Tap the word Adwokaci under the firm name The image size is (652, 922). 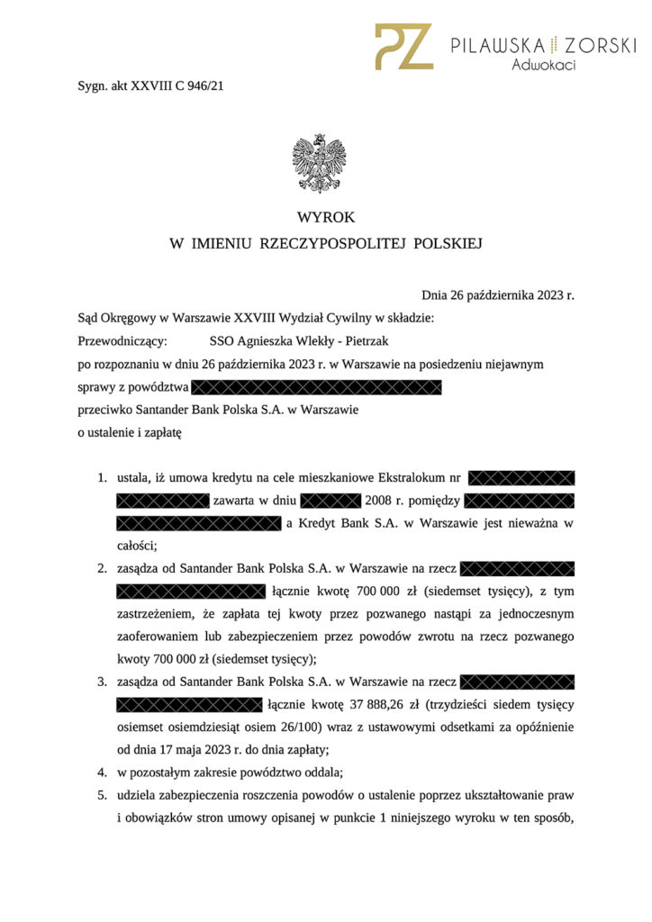tap(544, 65)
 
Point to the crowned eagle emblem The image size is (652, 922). tap(319, 163)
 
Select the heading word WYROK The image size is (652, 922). tap(326, 217)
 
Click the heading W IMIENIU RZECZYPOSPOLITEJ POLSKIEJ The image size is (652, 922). tap(326, 243)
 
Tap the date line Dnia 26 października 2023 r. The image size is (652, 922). tap(497, 294)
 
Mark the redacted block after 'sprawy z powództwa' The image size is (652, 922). tap(316, 388)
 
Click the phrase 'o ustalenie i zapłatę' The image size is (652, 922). tap(130, 433)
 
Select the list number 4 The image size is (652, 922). tap(102, 772)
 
